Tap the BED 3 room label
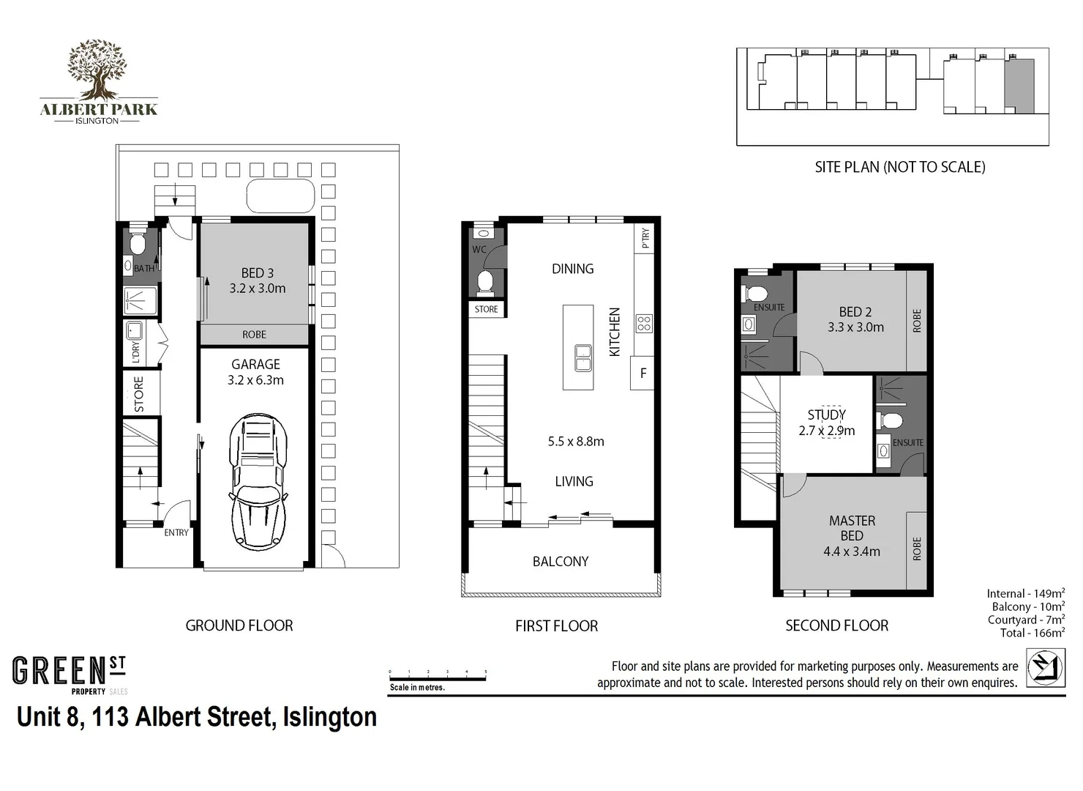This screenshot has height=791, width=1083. [x=257, y=281]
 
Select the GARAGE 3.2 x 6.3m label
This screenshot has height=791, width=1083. [x=255, y=371]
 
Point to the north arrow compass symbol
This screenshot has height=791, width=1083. [x=1045, y=667]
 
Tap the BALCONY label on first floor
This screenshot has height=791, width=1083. [x=561, y=562]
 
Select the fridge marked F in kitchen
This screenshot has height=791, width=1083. [x=642, y=374]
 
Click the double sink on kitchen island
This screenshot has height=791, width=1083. [x=582, y=357]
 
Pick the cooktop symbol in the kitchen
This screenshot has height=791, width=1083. [x=644, y=323]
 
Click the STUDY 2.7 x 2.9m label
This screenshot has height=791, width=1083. [x=827, y=423]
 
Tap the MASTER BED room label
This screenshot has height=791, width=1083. [x=852, y=535]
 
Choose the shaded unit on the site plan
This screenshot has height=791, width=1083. [x=1019, y=86]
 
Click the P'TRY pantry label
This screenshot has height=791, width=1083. [x=645, y=238]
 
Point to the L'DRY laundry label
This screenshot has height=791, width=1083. [x=135, y=352]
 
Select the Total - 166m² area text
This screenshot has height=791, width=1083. [x=1032, y=633]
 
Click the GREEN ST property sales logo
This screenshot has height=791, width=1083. [x=70, y=675]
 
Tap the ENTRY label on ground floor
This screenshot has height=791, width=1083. [x=176, y=532]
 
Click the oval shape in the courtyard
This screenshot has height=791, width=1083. [x=280, y=196]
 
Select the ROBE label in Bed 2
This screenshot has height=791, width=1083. [x=917, y=321]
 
